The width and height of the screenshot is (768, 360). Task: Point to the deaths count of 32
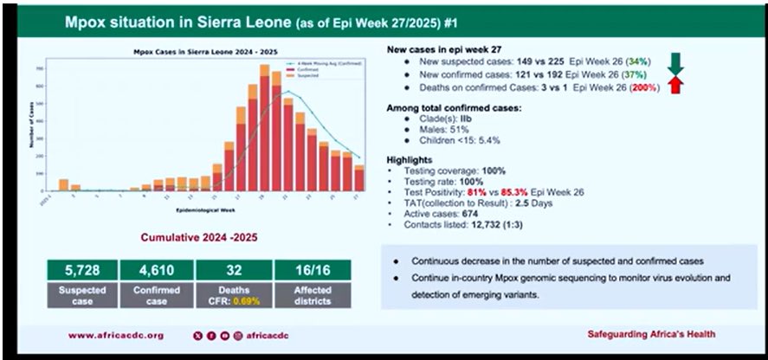[234, 269]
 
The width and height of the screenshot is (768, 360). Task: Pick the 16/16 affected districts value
[312, 269]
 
